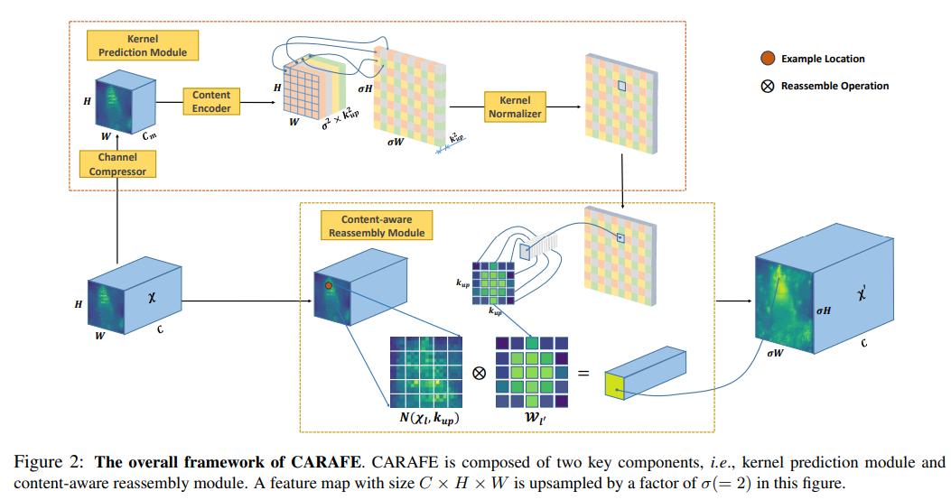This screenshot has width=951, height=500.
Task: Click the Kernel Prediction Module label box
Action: pyautogui.click(x=142, y=46)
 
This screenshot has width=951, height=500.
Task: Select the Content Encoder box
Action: pyautogui.click(x=211, y=101)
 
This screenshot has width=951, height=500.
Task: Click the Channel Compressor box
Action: pyautogui.click(x=117, y=164)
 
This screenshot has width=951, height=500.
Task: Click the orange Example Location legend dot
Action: pyautogui.click(x=767, y=59)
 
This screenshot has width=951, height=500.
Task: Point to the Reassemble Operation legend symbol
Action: pyautogui.click(x=767, y=86)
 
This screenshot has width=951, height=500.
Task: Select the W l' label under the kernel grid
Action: pyautogui.click(x=533, y=419)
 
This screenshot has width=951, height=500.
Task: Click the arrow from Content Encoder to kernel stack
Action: pyautogui.click(x=257, y=102)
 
